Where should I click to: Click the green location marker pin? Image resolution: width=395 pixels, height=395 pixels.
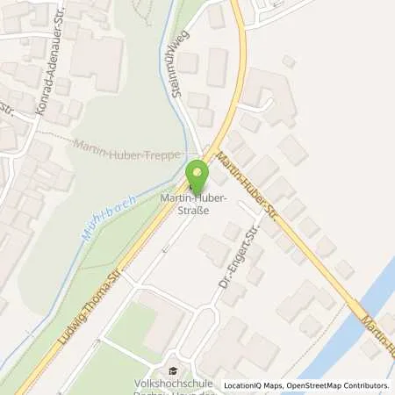pos(197,172)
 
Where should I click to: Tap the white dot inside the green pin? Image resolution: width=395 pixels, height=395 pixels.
pos(197,168)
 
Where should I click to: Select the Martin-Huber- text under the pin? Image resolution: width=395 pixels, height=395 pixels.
pos(194,199)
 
